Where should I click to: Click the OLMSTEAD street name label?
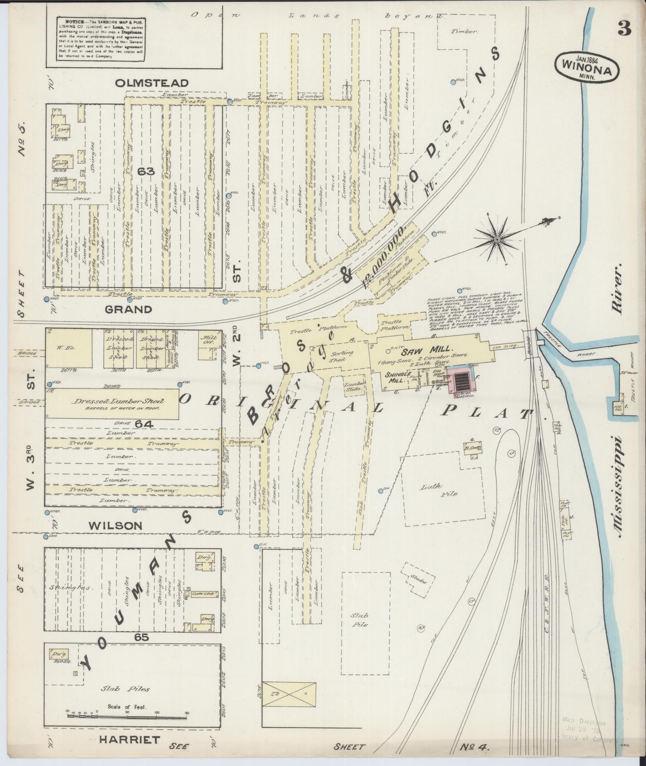152,83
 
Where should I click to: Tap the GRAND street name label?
129,309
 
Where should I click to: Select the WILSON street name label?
115,525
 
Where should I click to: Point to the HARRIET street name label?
130,740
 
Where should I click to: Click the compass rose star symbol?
497,239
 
